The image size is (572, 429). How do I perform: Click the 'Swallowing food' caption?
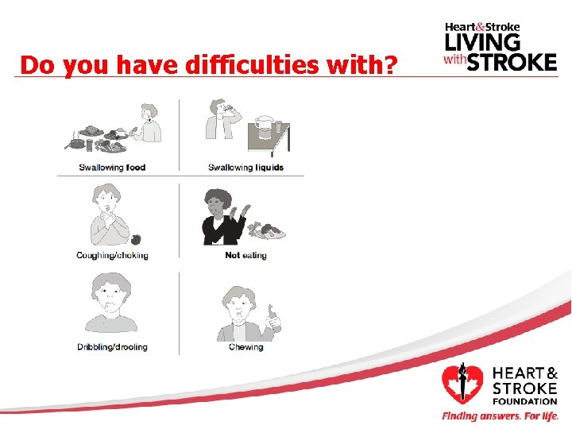112,168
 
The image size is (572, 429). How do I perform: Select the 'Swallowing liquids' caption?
245,168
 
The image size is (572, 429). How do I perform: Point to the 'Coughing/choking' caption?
112,256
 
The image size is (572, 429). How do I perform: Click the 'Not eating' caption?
245,256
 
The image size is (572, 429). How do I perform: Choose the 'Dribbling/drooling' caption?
112,347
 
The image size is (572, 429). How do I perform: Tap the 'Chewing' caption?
245,347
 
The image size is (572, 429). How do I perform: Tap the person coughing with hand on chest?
107,216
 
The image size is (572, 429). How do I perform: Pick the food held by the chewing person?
276,319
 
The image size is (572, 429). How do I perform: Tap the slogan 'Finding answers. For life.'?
500,416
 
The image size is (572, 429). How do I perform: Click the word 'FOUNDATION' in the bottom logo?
524,401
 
